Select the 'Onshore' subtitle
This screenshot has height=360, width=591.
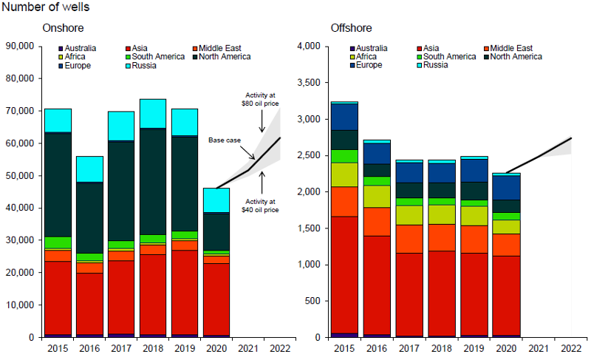coord(62,28)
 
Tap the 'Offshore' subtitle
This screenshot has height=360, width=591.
coord(351,28)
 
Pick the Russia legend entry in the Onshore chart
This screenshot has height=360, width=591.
coord(144,66)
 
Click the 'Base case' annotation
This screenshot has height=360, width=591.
coord(223,140)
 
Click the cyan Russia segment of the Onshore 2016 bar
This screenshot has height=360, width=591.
coord(89,169)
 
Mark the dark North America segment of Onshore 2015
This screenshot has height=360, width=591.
coord(58,185)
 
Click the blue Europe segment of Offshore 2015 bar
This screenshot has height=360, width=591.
coord(345,117)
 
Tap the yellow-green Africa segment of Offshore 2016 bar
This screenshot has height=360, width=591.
coord(376,196)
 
